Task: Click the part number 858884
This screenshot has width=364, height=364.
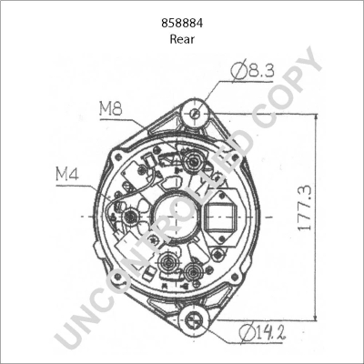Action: tap(182, 21)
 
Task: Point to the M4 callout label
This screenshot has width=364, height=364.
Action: tap(67, 171)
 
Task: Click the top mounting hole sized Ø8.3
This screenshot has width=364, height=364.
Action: tap(194, 113)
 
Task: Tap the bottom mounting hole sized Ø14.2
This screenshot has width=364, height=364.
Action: tap(193, 319)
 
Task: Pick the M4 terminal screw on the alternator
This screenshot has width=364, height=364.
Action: tap(129, 217)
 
